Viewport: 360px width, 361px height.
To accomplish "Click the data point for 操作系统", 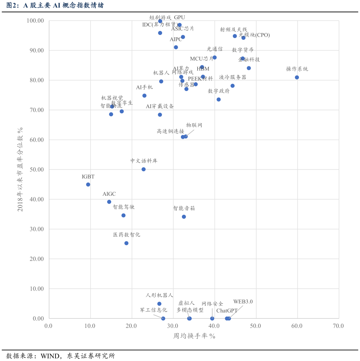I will [297, 77].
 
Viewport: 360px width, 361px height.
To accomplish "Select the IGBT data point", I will [88, 185].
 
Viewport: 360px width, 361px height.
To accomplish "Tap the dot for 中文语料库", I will [144, 169].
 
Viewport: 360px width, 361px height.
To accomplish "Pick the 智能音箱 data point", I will [184, 217].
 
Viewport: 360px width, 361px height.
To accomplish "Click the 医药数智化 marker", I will [126, 243].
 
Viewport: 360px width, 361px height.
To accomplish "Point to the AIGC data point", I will [109, 202].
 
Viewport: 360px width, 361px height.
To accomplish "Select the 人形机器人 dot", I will [159, 304].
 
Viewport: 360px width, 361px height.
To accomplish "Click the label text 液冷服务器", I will [233, 77].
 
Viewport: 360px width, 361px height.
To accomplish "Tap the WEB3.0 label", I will [243, 302].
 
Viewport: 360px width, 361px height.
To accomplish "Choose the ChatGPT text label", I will [227, 311].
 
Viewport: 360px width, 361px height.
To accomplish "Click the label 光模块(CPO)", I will [254, 35].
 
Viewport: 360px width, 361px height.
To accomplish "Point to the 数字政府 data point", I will [219, 99].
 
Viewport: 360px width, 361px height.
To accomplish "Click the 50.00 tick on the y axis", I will [36, 170].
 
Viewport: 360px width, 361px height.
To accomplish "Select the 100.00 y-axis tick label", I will [35, 21].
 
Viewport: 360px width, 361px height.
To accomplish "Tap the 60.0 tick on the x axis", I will [297, 326].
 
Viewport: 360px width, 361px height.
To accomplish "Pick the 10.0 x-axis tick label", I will [90, 326].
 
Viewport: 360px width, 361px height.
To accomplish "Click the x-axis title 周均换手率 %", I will [194, 336].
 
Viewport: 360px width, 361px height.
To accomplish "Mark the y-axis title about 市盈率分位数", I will [20, 169].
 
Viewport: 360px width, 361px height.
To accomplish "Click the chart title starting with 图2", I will [55, 5].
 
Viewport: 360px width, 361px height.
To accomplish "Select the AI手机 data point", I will [144, 96].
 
